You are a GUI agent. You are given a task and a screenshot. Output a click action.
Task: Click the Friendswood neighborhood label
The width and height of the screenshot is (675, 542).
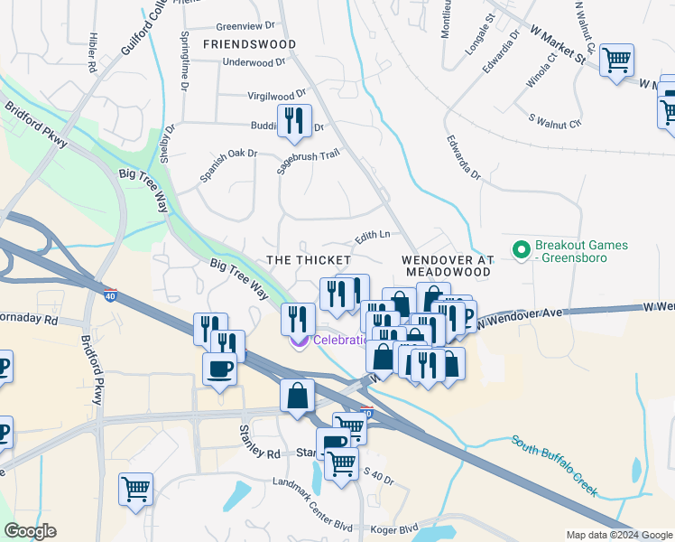click(249, 43)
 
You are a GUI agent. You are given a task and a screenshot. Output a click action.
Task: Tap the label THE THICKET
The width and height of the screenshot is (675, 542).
click(308, 259)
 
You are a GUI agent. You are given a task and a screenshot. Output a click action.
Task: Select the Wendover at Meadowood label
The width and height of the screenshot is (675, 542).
click(448, 265)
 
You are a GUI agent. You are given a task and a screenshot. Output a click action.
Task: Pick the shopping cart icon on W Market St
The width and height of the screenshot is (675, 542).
click(616, 62)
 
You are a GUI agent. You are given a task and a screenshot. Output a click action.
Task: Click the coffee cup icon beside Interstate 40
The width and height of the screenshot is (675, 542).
click(219, 369)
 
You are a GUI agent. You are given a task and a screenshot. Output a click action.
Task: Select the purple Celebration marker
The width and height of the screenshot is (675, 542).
click(297, 341)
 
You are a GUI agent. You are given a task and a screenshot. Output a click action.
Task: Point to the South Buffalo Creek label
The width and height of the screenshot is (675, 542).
click(554, 465)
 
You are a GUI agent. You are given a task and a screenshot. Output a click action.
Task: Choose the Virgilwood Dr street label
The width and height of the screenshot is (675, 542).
click(277, 95)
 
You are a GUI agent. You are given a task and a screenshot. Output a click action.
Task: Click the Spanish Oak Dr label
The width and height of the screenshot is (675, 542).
click(228, 165)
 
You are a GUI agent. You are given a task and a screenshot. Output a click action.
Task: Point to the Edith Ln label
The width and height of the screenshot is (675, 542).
click(372, 235)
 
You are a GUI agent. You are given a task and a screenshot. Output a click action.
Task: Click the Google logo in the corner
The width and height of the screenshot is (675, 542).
click(31, 531)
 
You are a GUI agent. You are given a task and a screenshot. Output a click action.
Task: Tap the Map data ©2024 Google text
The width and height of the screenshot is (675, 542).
click(618, 535)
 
